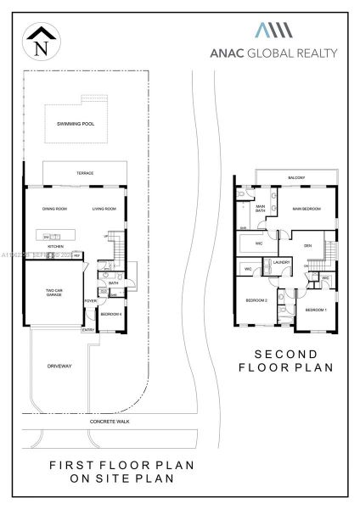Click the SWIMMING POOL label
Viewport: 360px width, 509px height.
click(75, 124)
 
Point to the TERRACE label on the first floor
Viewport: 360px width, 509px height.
click(85, 174)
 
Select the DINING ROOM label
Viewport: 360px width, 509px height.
click(55, 208)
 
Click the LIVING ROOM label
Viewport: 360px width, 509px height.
click(104, 208)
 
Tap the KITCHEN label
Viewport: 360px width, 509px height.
click(55, 247)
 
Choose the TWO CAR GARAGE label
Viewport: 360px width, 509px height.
click(55, 294)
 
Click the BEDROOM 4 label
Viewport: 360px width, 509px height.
click(111, 315)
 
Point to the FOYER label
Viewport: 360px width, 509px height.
click(89, 301)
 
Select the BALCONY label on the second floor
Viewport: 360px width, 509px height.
click(296, 177)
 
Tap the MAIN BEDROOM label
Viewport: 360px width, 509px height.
click(306, 208)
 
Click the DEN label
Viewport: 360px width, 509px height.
click(308, 245)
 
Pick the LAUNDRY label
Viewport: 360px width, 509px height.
click(283, 263)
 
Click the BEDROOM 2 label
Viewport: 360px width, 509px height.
click(257, 301)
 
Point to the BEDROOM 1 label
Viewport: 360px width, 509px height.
click(315, 309)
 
